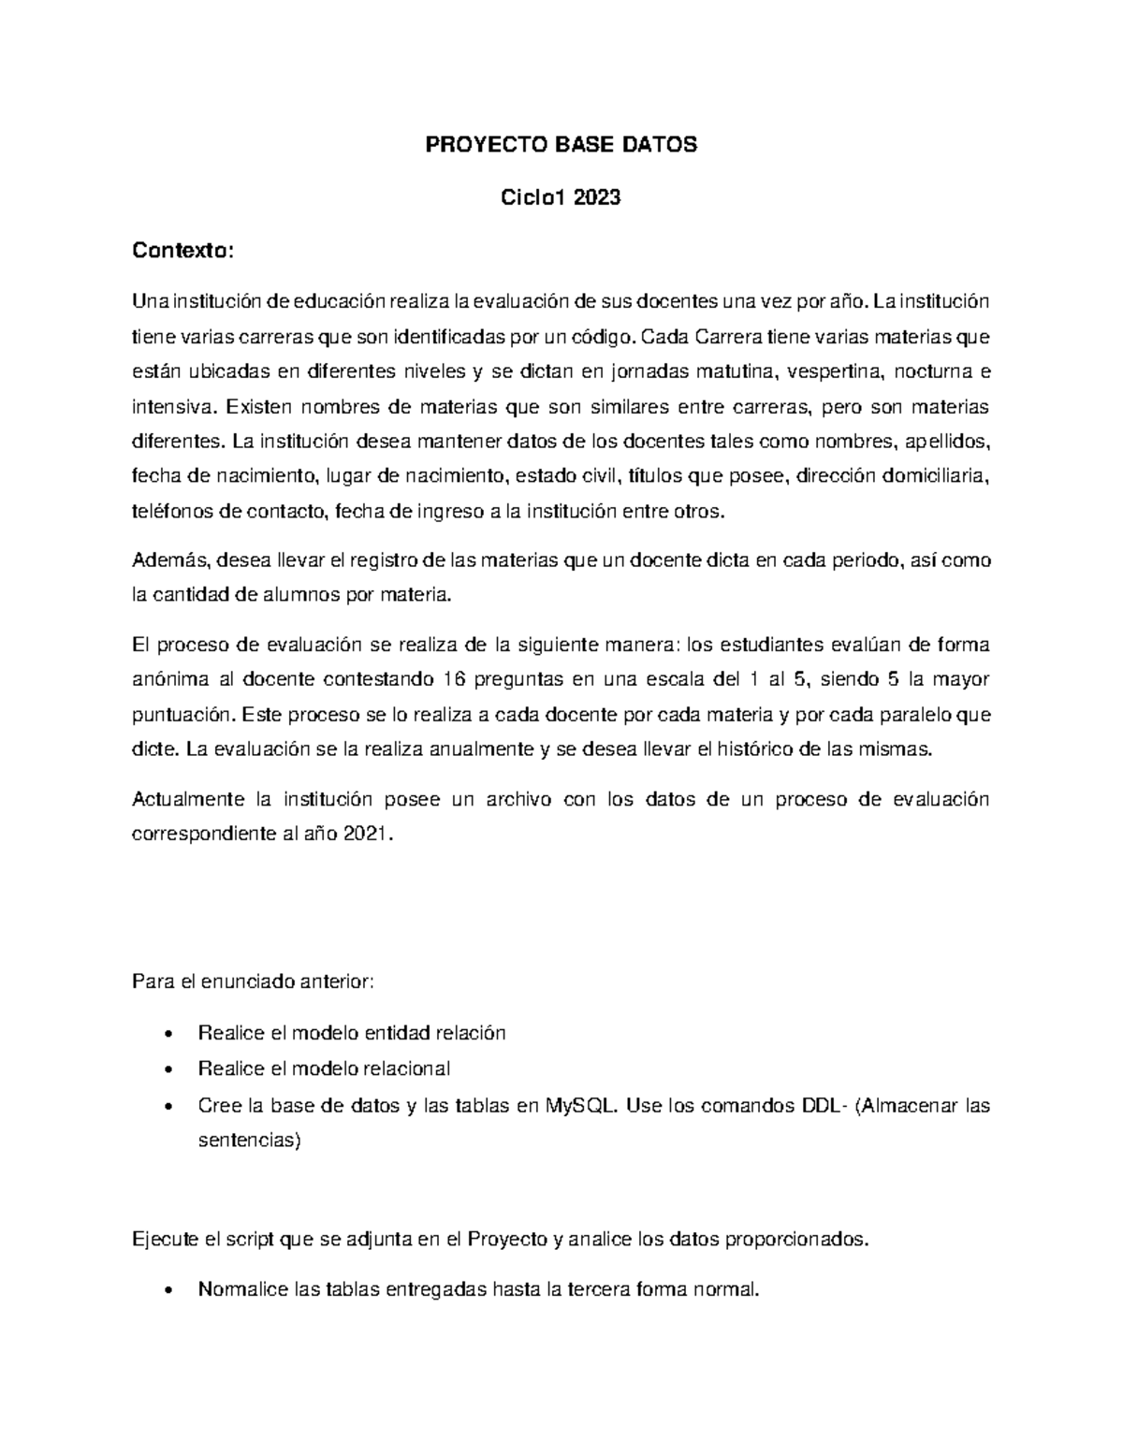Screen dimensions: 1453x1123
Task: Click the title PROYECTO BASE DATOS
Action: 561,145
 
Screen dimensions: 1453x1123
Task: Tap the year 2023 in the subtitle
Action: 597,198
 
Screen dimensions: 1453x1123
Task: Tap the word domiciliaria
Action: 931,477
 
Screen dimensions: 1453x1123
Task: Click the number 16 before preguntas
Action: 493,679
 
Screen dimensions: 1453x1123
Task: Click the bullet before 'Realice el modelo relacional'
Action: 168,1069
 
